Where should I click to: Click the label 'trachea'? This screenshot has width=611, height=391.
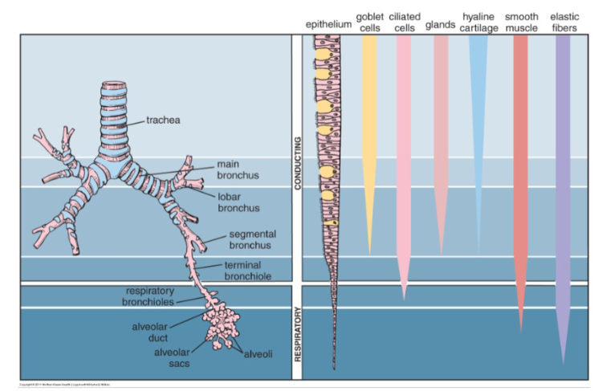tap(163, 120)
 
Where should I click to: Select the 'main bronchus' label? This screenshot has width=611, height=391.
tap(234, 169)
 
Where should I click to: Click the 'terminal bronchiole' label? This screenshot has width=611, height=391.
tap(247, 271)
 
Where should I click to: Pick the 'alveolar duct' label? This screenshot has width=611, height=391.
tap(150, 332)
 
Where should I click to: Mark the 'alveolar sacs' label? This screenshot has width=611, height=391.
tap(171, 357)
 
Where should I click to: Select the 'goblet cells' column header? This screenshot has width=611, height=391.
tap(369, 22)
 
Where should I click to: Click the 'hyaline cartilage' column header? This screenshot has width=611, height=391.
tap(479, 22)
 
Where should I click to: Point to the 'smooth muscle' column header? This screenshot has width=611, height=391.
tap(521, 22)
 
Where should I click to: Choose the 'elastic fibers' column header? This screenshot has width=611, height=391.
tap(564, 22)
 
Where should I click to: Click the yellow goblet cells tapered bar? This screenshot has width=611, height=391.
tap(369, 120)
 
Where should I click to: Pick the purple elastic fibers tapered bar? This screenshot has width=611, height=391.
tap(564, 161)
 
